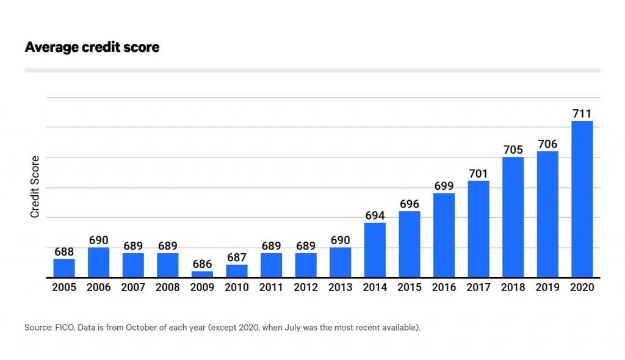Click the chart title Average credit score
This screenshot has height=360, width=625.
92,47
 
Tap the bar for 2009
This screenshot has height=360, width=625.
202,274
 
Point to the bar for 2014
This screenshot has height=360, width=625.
375,250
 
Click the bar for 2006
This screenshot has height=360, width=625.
98,262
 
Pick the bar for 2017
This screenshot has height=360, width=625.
479,229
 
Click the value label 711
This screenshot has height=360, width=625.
582,113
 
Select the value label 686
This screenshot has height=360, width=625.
202,264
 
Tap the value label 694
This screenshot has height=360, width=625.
375,215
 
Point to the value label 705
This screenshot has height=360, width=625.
513,149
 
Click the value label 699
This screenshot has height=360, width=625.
444,185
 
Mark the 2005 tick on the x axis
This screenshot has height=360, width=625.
64,287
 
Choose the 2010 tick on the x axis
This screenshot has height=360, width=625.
237,287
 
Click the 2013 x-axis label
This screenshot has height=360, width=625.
341,287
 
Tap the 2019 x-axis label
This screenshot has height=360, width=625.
547,287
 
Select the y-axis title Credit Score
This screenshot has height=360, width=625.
35,187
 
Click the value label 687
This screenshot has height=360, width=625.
237,257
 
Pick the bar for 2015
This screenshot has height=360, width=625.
410,244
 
